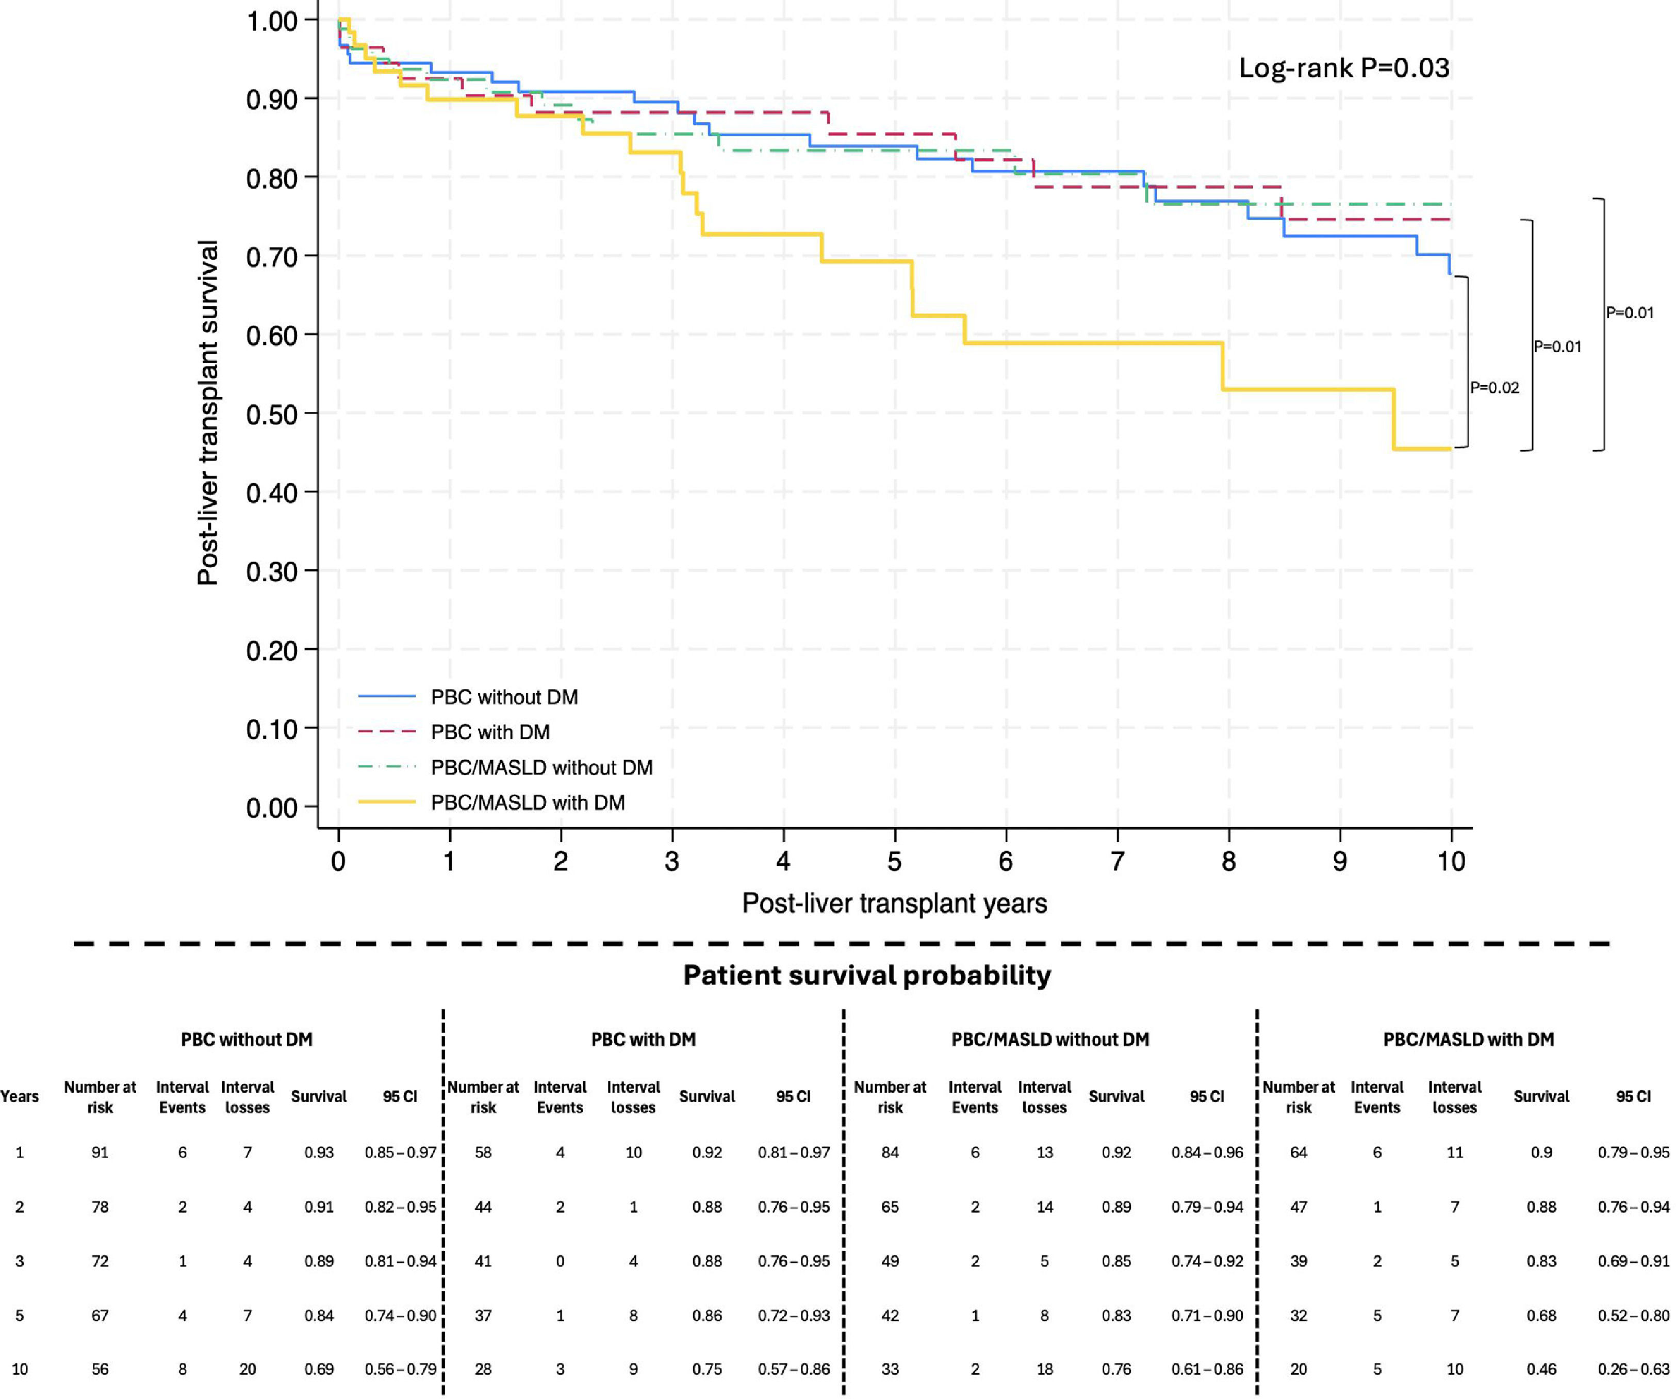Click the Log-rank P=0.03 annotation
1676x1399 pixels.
[x=1344, y=68]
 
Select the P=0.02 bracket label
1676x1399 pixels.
[x=1495, y=388]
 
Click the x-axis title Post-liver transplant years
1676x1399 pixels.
[x=895, y=903]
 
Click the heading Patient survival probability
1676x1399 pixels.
[x=867, y=975]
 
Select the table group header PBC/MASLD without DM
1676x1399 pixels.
[x=1050, y=1040]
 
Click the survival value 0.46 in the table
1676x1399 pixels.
[x=1541, y=1370]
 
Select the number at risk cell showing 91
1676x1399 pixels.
[x=100, y=1153]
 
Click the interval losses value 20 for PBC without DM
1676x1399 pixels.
[x=248, y=1370]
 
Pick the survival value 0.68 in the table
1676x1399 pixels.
[x=1541, y=1315]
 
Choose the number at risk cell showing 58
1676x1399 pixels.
[x=483, y=1153]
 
